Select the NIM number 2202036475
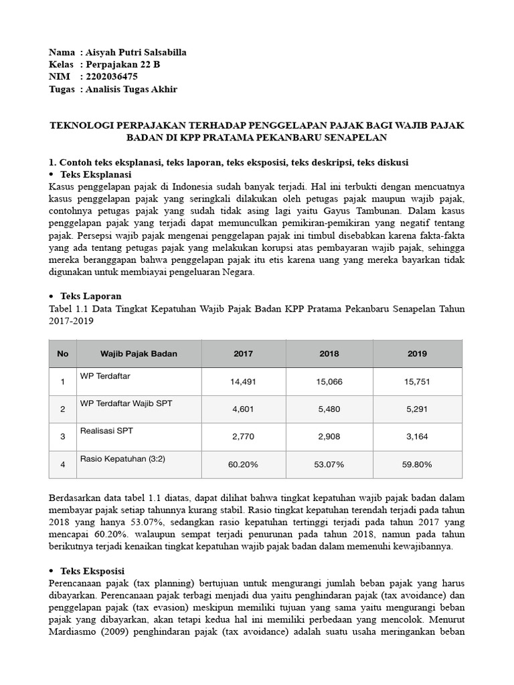112,77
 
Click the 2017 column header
243,354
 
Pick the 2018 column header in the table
329,354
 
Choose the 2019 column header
417,354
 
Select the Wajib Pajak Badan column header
139,354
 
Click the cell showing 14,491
243,382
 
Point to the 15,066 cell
329,382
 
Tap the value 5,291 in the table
417,409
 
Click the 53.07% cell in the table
329,464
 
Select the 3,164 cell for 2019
417,437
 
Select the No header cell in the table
63,354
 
